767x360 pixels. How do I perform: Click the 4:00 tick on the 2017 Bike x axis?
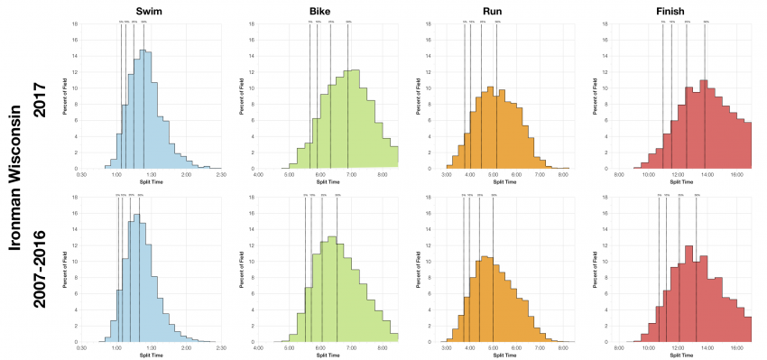[x=259, y=174]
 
